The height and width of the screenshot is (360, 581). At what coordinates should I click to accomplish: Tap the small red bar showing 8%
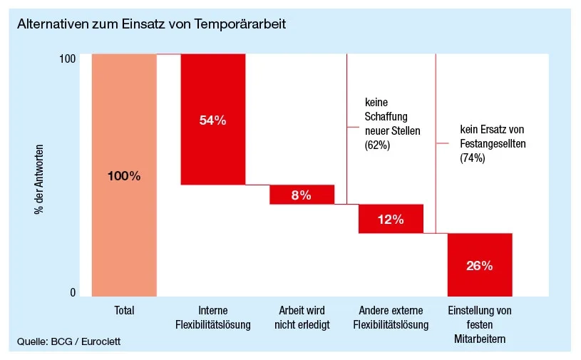pyautogui.click(x=302, y=195)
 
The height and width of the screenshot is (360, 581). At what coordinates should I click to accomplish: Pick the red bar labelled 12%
pyautogui.click(x=391, y=219)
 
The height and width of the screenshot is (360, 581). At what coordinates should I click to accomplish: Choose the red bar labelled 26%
pyautogui.click(x=479, y=264)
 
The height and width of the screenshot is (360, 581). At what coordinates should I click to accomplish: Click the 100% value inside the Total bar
pyautogui.click(x=124, y=176)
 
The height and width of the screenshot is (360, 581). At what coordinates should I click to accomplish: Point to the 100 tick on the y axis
pyautogui.click(x=68, y=58)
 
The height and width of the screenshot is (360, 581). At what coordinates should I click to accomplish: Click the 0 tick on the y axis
pyautogui.click(x=72, y=292)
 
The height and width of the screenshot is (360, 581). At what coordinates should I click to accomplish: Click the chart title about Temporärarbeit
pyautogui.click(x=151, y=24)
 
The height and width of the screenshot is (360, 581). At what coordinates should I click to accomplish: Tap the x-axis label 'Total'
pyautogui.click(x=124, y=311)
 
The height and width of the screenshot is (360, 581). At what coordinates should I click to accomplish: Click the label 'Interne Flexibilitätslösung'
pyautogui.click(x=212, y=318)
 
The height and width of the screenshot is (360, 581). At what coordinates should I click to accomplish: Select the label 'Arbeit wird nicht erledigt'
pyautogui.click(x=302, y=318)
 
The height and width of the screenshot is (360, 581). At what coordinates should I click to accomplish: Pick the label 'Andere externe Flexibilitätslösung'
pyautogui.click(x=391, y=318)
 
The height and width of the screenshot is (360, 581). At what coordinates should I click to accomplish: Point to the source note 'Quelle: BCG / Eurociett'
pyautogui.click(x=69, y=342)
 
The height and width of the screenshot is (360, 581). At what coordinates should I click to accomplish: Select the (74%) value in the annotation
pyautogui.click(x=473, y=159)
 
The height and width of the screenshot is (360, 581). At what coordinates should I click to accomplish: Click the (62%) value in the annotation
pyautogui.click(x=377, y=145)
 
